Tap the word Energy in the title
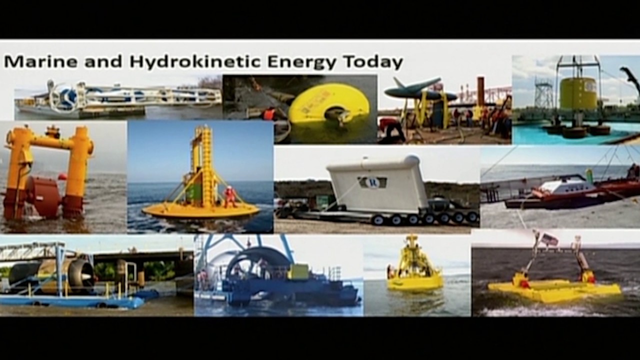tap(301, 62)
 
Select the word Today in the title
tap(372, 62)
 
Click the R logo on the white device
tap(372, 182)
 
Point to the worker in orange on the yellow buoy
tap(230, 196)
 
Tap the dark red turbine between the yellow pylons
tap(43, 195)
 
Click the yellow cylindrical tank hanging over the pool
tap(579, 93)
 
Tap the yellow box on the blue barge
tap(298, 272)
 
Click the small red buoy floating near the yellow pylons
tap(62, 176)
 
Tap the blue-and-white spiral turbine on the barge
tap(66, 95)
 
